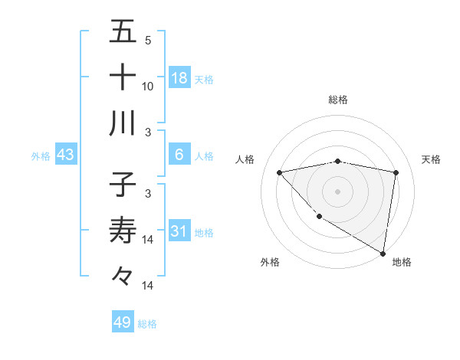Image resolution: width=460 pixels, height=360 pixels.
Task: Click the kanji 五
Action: [123, 32]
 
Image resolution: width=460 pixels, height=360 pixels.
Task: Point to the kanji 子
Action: [123, 185]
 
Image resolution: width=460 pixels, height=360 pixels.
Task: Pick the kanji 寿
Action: [123, 230]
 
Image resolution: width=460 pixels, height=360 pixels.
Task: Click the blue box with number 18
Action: [179, 77]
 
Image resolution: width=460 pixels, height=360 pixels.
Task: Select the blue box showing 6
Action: [179, 155]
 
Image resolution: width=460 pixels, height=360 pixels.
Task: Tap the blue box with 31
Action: [179, 231]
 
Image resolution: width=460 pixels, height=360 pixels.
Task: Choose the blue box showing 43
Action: [66, 155]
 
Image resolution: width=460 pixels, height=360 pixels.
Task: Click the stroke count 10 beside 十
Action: [148, 86]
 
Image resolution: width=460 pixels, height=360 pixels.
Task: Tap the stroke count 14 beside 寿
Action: [148, 240]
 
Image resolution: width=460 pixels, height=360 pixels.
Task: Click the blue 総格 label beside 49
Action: [147, 324]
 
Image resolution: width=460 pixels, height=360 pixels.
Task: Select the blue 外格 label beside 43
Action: [41, 156]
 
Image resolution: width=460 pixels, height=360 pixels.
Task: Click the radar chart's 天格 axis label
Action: [431, 159]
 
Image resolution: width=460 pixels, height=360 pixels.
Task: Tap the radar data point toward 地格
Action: [382, 253]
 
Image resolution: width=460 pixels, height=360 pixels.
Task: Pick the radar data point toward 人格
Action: [280, 172]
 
